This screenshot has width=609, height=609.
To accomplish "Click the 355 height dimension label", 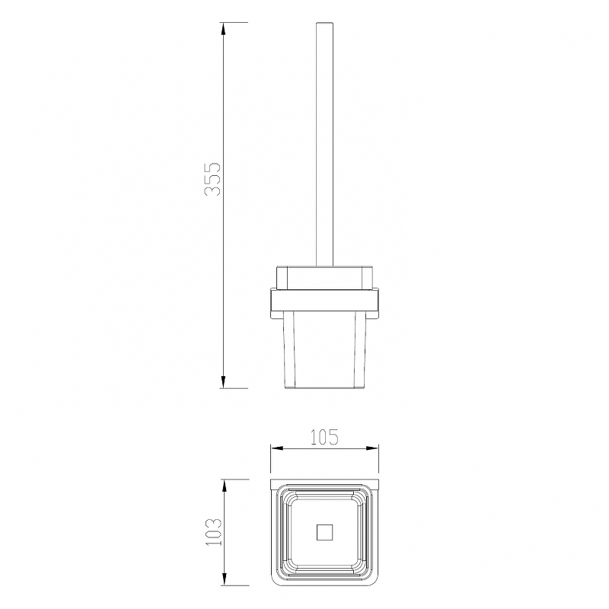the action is [212, 179].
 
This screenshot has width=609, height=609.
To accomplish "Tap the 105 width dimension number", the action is [324, 437].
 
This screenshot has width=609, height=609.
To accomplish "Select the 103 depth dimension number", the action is [213, 531].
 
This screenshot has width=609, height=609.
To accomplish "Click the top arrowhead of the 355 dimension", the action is [223, 29].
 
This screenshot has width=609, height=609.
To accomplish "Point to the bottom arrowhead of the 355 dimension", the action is [223, 381].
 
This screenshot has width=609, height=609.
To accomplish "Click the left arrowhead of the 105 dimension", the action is [277, 448].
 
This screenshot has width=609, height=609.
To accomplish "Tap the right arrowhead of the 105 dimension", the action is [371, 448].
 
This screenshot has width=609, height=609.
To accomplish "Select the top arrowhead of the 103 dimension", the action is [224, 486].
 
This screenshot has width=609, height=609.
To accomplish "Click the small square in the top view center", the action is [325, 532].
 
